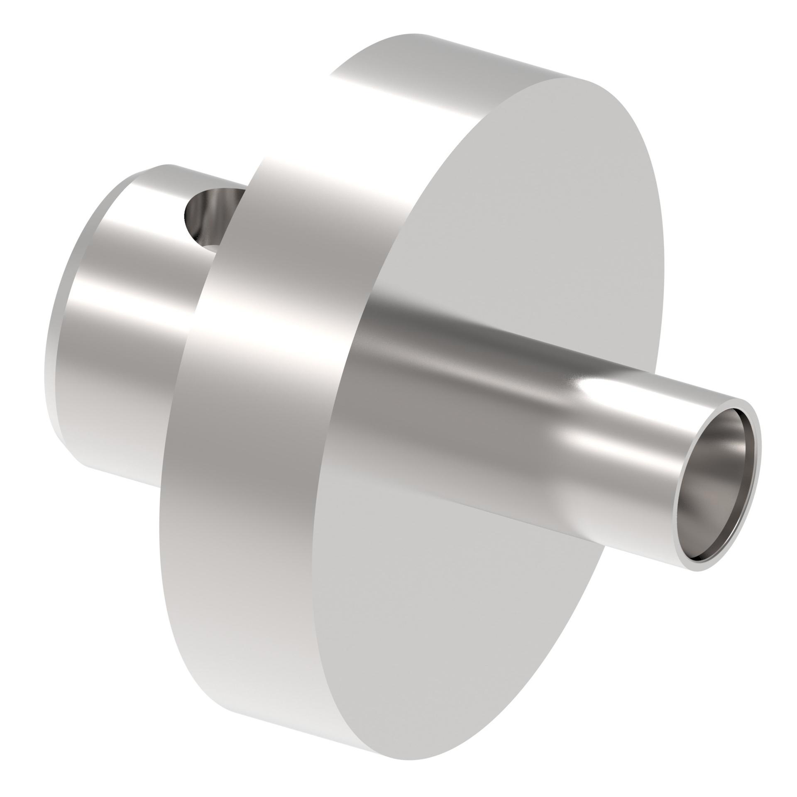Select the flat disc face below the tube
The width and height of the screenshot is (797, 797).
436,623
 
